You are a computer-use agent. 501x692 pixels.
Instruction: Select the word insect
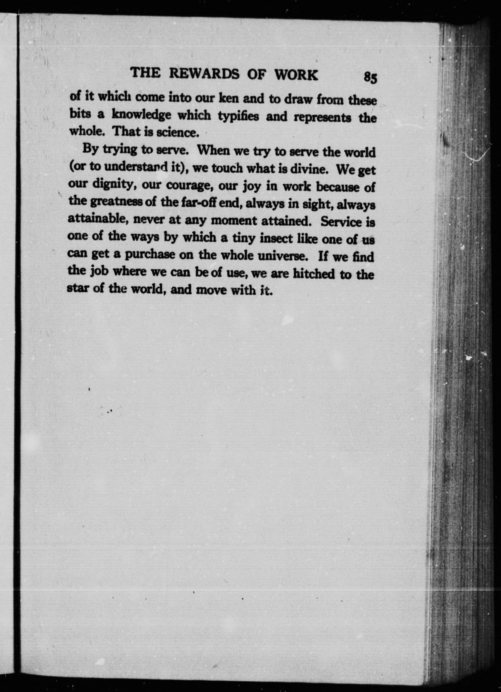coord(276,238)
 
